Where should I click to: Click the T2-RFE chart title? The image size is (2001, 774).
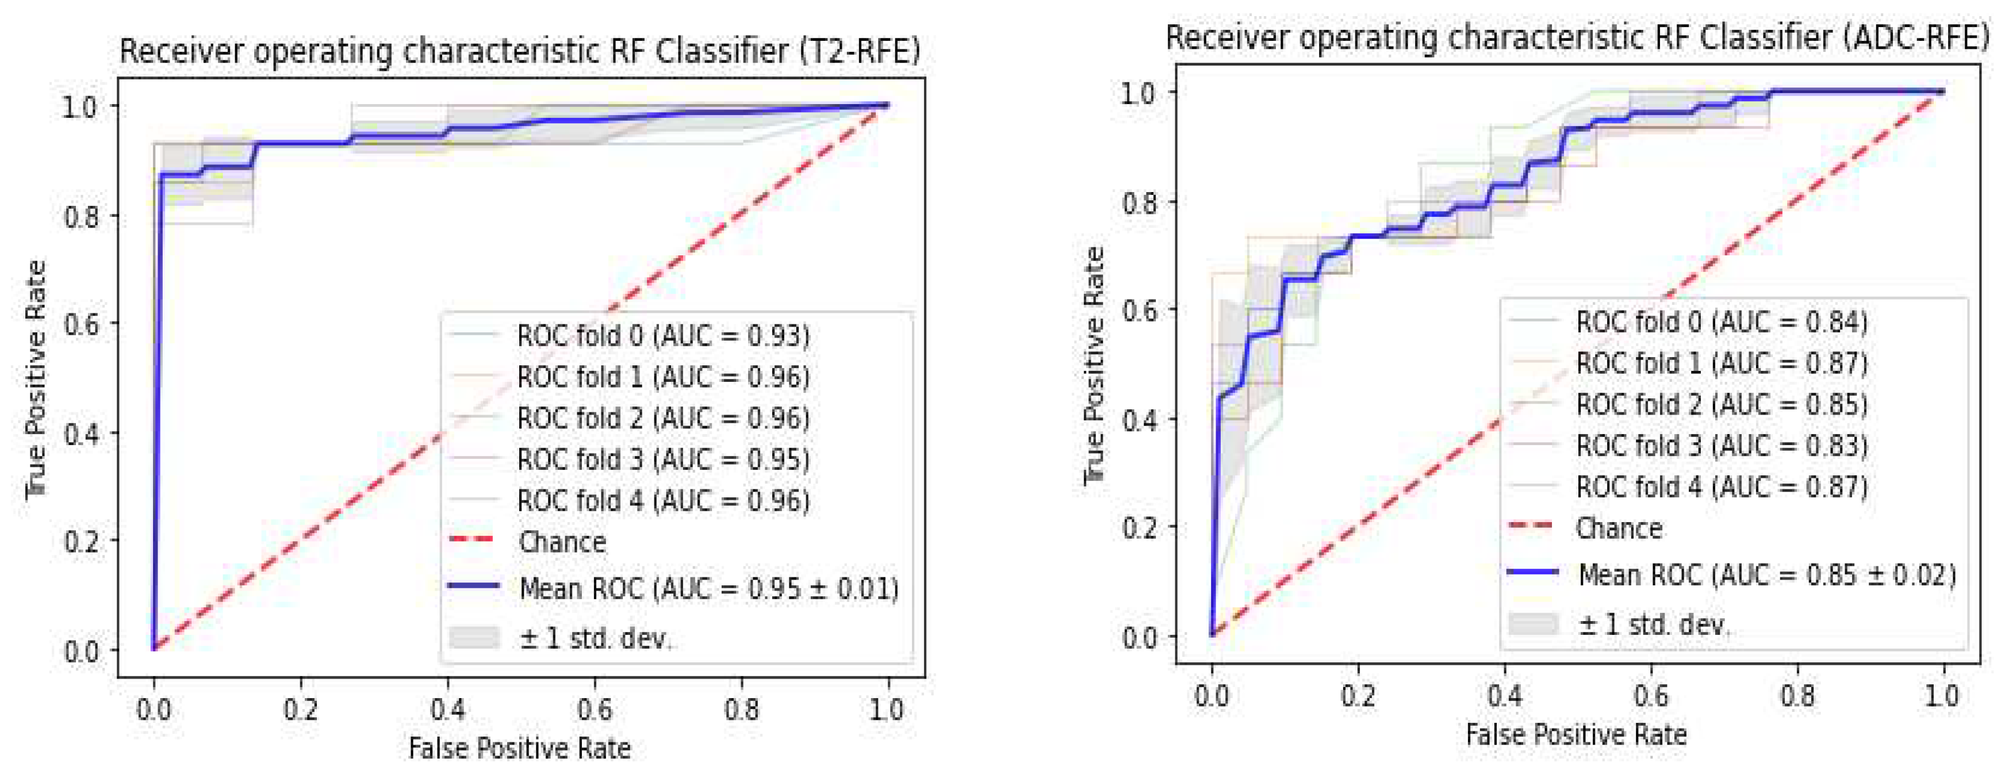click(519, 51)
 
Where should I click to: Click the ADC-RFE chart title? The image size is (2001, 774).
click(1577, 37)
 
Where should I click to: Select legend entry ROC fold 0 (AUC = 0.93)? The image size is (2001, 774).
click(662, 336)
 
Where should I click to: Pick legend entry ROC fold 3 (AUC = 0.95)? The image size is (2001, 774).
click(662, 459)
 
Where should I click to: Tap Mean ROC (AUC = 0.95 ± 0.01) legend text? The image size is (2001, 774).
click(708, 588)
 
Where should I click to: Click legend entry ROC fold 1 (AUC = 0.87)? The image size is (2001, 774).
click(1722, 363)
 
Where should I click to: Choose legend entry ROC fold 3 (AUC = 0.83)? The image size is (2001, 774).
click(1722, 445)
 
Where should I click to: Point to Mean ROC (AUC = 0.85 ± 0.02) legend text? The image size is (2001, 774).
click(1766, 574)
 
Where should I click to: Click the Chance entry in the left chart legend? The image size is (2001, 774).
click(562, 542)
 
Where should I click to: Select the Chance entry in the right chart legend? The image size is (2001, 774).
click(1619, 528)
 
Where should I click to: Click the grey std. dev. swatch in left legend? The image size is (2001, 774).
click(474, 637)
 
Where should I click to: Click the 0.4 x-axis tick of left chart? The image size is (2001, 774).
click(447, 708)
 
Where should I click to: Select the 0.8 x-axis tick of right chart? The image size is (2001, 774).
click(1797, 695)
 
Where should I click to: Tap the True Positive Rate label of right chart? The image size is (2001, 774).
click(1094, 365)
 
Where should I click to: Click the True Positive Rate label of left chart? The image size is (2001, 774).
click(36, 379)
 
